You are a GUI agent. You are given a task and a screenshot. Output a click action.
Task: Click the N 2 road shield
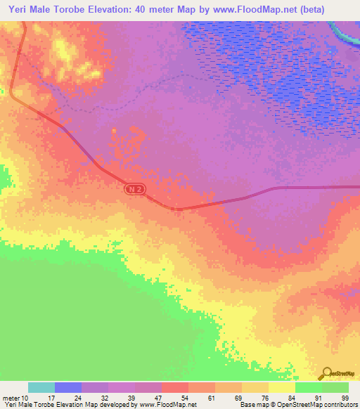pos(136,189)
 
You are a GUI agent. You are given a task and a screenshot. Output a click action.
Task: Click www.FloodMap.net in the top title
pos(253,10)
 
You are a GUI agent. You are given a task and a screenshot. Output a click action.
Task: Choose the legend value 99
pos(345,398)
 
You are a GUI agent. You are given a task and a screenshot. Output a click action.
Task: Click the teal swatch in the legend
pos(41,387)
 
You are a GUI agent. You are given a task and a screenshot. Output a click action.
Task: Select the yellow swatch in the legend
pos(281,387)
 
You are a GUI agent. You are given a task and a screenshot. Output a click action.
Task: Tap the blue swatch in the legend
pos(67,387)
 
